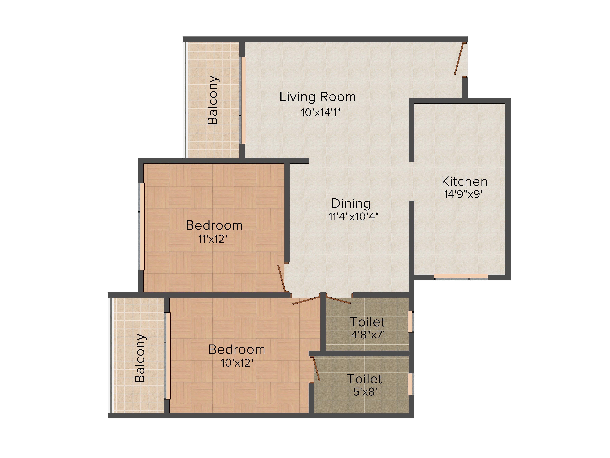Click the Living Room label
click(317, 97)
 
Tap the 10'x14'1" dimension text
click(320, 112)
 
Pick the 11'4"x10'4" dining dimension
click(353, 216)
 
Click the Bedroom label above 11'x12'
click(214, 225)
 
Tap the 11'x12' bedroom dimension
click(213, 239)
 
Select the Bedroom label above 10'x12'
click(237, 349)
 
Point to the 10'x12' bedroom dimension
click(237, 362)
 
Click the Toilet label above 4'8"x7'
click(367, 322)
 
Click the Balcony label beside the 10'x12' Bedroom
click(140, 358)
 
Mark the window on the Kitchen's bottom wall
click(461, 276)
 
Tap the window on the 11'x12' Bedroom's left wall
click(142, 226)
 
